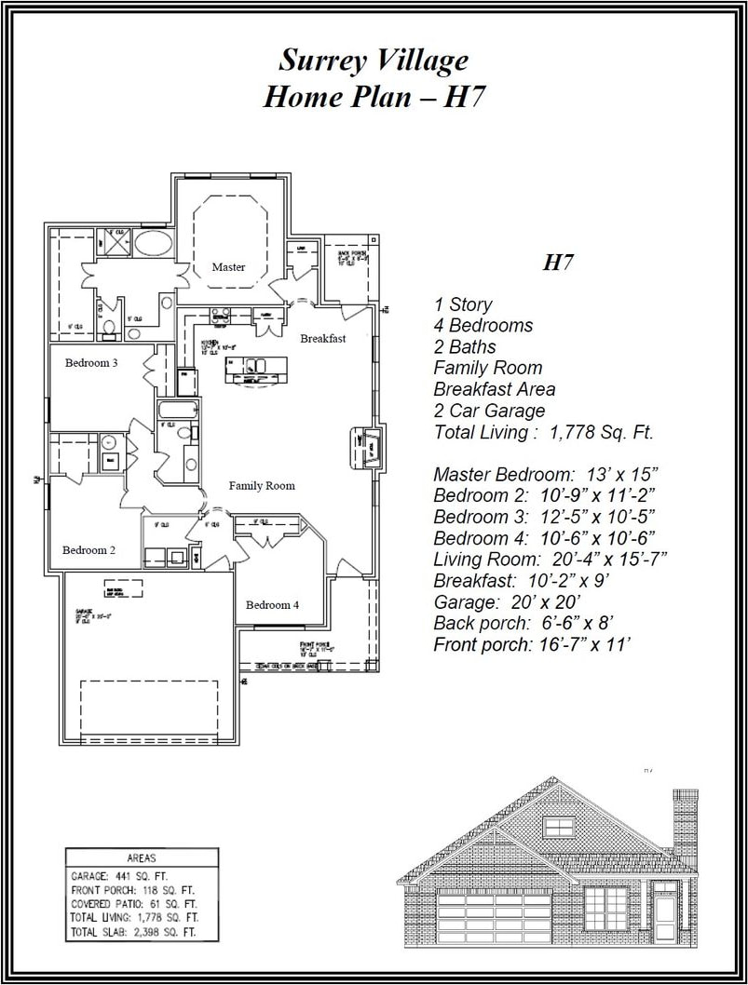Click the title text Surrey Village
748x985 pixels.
pos(374,61)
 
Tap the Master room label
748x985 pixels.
pos(228,267)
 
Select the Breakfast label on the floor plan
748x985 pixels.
pos(322,339)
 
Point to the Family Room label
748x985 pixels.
pos(262,485)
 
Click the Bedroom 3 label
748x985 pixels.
pos(91,363)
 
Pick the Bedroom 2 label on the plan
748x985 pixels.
pos(88,550)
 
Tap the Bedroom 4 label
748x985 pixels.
pos(272,605)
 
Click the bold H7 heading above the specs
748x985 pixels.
pos(557,263)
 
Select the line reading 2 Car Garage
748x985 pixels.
pos(489,411)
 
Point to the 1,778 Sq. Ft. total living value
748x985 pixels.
pos(602,432)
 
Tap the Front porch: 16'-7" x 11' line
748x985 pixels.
pos(533,644)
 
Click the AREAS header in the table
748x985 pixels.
pos(141,858)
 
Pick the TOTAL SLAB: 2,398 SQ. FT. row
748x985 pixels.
pos(133,931)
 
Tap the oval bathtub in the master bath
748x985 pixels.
pos(152,245)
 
